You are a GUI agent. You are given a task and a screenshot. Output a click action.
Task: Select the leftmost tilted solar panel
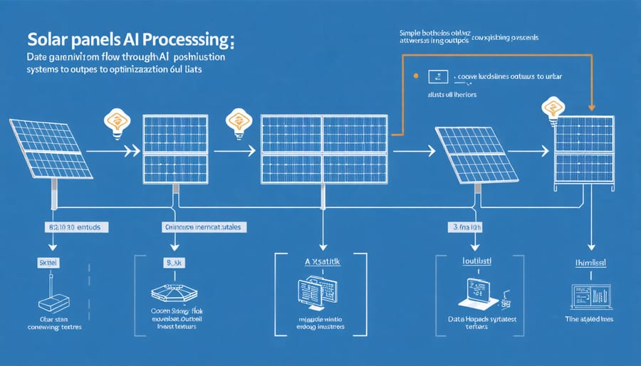[52, 150]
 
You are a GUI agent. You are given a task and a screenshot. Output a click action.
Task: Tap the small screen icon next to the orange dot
[437, 75]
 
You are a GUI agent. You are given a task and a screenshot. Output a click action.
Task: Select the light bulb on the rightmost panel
[553, 108]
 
